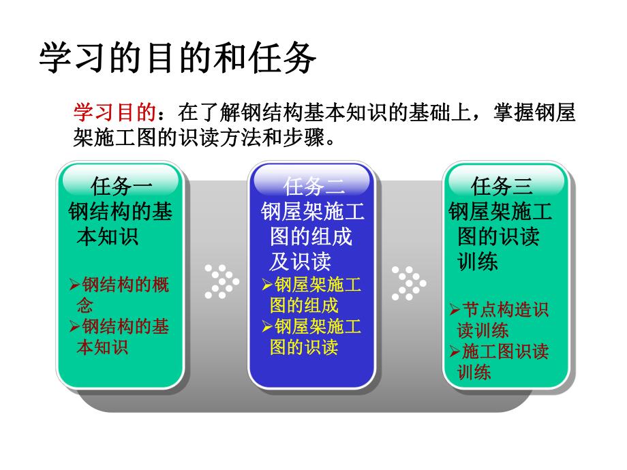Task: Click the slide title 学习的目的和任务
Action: click(178, 59)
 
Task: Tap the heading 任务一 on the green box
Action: click(121, 185)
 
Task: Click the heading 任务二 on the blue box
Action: click(313, 185)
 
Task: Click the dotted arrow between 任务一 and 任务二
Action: click(220, 281)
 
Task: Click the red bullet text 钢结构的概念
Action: click(121, 294)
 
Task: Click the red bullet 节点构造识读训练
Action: click(501, 320)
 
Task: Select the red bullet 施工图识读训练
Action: click(501, 362)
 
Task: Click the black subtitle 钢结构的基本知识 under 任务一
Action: click(121, 224)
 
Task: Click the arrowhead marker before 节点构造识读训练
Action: click(455, 311)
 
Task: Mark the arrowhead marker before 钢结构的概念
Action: click(75, 285)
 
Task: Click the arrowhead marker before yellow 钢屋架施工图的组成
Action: click(267, 285)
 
